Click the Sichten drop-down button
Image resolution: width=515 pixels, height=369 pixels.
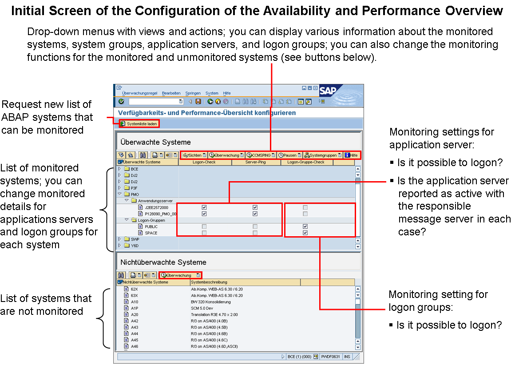click(x=194, y=155)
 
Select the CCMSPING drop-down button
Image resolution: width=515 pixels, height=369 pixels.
click(x=261, y=155)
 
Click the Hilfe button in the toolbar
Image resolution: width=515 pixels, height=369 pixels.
click(x=351, y=155)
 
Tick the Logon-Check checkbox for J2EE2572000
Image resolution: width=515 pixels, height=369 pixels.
click(x=204, y=207)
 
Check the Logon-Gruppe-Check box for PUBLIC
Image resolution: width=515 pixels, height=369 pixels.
click(x=305, y=226)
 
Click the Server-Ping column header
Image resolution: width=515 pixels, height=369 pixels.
click(x=256, y=162)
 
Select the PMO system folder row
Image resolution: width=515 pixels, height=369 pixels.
click(x=135, y=194)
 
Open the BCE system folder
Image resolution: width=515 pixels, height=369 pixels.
click(x=135, y=169)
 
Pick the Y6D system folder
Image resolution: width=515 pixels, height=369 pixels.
click(x=135, y=245)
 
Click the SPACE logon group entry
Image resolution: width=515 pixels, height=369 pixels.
click(x=151, y=233)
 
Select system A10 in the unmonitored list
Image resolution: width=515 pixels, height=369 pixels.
click(x=135, y=302)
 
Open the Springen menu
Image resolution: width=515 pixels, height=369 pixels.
click(x=193, y=93)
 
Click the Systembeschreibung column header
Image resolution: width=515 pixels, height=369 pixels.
click(x=209, y=282)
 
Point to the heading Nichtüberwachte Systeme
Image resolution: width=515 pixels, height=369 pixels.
click(x=163, y=262)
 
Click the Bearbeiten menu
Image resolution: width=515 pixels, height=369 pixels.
click(x=171, y=93)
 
